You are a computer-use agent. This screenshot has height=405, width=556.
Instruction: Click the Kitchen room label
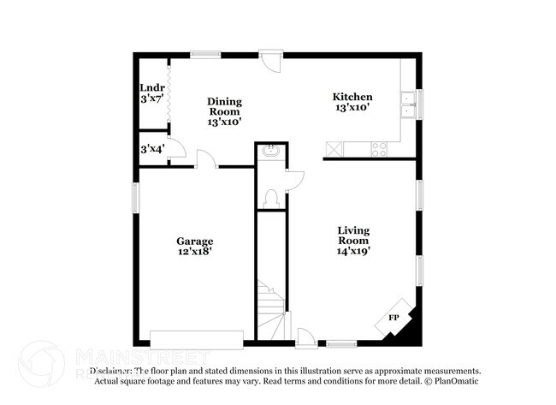pyautogui.click(x=352, y=102)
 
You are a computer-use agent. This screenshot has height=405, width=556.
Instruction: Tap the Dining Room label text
pyautogui.click(x=224, y=111)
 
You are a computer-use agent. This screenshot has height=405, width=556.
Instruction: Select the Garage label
pyautogui.click(x=195, y=247)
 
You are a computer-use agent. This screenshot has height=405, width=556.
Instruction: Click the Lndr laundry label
pyautogui.click(x=152, y=92)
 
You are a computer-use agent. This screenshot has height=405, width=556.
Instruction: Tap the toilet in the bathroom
pyautogui.click(x=271, y=195)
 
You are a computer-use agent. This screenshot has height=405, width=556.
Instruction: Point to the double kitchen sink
pyautogui.click(x=408, y=104)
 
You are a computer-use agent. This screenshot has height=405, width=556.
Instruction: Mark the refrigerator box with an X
pyautogui.click(x=333, y=149)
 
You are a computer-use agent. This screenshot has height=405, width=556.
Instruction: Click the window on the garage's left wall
pyautogui.click(x=135, y=197)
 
